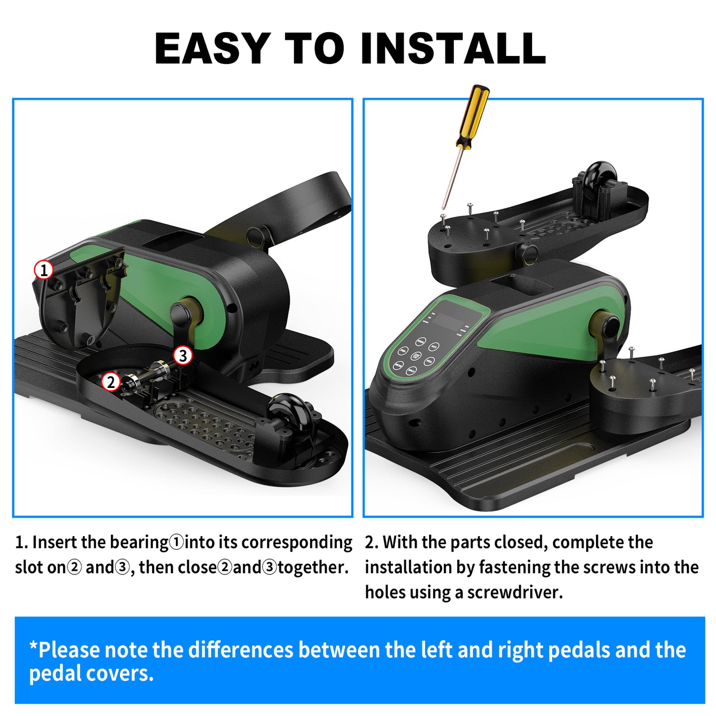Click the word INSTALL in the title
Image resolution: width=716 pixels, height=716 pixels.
453,48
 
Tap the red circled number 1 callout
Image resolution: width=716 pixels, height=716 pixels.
44,270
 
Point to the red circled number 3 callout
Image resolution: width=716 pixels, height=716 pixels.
183,356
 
